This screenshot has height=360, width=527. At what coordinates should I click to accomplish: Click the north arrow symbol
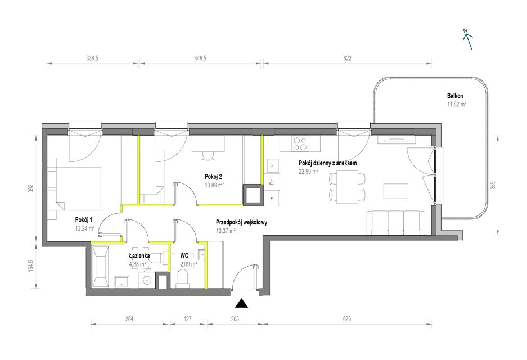(468, 39)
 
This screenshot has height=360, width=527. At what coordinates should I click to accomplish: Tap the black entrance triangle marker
(241, 303)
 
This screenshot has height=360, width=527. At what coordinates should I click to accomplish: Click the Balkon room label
(455, 96)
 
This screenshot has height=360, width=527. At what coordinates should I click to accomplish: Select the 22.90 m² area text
(309, 171)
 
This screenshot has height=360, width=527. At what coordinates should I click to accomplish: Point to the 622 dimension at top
(347, 58)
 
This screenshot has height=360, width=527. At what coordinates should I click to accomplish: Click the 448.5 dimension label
(200, 58)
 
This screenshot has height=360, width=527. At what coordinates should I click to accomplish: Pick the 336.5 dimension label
(92, 58)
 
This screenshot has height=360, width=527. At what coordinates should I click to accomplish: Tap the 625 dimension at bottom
(347, 318)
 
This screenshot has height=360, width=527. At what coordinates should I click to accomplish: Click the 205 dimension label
(235, 318)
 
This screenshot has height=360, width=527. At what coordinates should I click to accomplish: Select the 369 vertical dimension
(493, 185)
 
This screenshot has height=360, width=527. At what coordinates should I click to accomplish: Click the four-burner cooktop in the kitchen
(300, 143)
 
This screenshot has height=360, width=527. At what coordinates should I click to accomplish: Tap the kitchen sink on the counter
(272, 166)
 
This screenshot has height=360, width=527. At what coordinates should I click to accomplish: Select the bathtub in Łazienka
(100, 267)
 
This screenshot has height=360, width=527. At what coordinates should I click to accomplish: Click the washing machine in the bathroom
(147, 280)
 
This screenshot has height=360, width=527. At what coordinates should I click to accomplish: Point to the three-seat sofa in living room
(395, 223)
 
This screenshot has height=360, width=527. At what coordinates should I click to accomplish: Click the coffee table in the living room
(397, 191)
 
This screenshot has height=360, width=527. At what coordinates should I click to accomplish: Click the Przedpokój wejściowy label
(242, 222)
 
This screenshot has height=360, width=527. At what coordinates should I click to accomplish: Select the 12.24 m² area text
(85, 228)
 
